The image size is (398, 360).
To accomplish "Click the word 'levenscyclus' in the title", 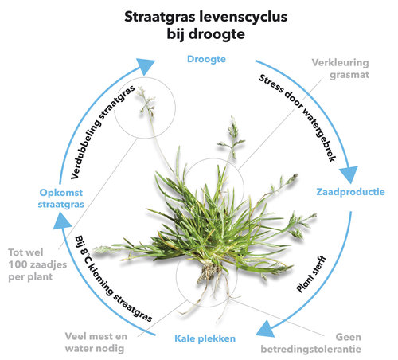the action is click(x=244, y=18).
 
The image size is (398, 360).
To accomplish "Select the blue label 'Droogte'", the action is click(x=206, y=59).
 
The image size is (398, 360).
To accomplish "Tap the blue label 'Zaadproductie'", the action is click(x=350, y=192).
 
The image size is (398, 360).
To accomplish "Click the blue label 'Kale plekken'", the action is click(x=205, y=338).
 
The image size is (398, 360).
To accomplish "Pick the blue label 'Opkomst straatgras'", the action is click(x=60, y=198).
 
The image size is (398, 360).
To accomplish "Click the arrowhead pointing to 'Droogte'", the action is click(x=145, y=66).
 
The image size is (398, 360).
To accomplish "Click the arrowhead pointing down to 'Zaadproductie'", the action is click(x=349, y=174).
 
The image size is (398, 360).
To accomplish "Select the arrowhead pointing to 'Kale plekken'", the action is click(x=265, y=328).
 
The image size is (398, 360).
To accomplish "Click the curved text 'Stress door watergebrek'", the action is click(x=298, y=118).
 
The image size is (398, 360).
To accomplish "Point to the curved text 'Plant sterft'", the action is click(x=311, y=274).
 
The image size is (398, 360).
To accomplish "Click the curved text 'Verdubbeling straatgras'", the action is click(x=103, y=132).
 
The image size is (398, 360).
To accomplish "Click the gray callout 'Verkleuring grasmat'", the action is click(x=341, y=68).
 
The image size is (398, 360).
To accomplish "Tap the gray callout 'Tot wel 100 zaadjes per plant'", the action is click(x=37, y=264).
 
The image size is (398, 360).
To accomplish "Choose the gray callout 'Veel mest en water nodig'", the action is click(x=96, y=342).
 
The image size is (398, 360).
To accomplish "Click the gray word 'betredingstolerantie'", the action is click(x=310, y=349).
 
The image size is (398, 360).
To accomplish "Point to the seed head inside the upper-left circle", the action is click(x=146, y=102).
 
